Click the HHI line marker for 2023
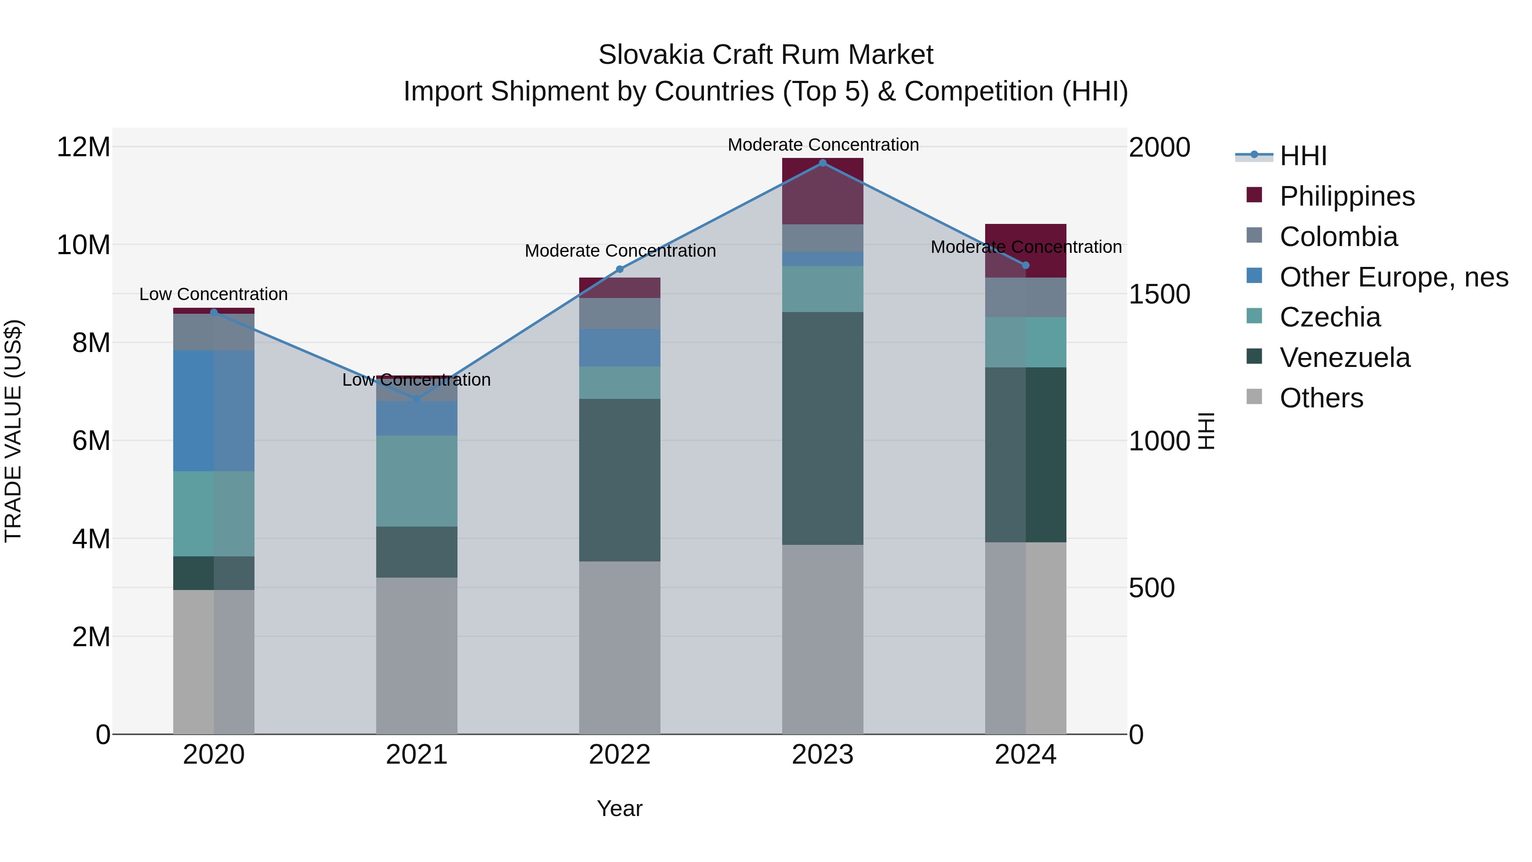coord(823,163)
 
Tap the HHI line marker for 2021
coord(416,398)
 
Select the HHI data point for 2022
coord(620,269)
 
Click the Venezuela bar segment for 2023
coord(823,428)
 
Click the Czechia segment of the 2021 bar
coord(416,481)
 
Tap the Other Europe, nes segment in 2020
coord(214,410)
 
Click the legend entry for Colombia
coord(1338,237)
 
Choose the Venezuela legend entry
coord(1344,358)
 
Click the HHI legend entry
coord(1303,156)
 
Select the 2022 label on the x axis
coord(620,755)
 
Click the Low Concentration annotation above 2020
coord(214,294)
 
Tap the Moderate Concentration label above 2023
coord(823,145)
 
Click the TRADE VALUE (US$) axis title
coord(13,431)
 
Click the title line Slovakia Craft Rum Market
coord(766,55)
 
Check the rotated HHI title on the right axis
coord(1206,431)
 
